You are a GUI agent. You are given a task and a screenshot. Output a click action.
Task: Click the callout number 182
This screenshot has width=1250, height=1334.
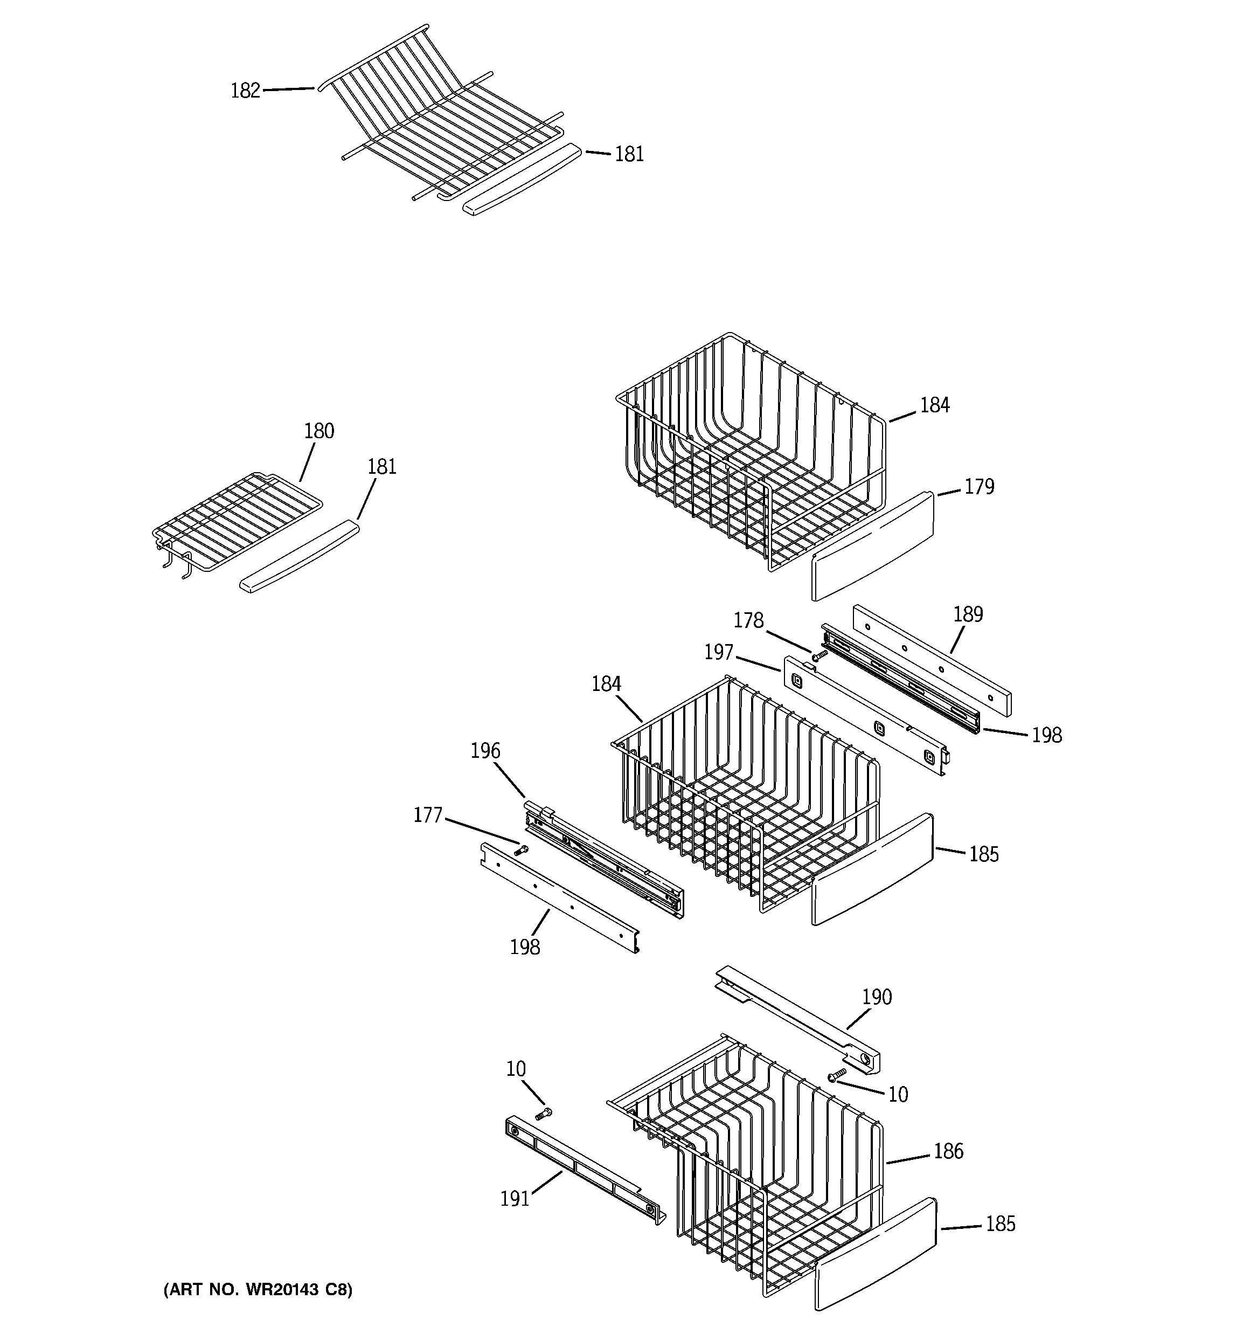245,91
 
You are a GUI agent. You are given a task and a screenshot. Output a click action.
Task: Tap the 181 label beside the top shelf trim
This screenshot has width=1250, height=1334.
629,154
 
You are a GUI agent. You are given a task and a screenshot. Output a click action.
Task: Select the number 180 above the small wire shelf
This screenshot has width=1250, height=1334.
319,431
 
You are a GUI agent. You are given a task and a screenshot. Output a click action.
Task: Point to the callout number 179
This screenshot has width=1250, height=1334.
979,487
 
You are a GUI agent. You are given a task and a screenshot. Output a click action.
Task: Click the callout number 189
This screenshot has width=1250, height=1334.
968,614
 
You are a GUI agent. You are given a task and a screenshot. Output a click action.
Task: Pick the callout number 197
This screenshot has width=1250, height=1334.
719,652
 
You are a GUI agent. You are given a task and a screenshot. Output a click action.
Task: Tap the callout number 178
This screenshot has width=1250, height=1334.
748,621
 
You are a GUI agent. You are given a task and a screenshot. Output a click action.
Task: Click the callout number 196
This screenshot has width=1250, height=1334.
485,750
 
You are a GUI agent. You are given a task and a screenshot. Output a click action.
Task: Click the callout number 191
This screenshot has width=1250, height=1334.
515,1199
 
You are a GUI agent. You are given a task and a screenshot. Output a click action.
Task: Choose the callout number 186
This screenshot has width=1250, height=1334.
948,1151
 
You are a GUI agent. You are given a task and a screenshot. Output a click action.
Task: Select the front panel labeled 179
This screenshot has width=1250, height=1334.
872,545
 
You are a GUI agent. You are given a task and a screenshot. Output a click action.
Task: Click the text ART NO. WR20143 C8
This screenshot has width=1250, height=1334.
258,1290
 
